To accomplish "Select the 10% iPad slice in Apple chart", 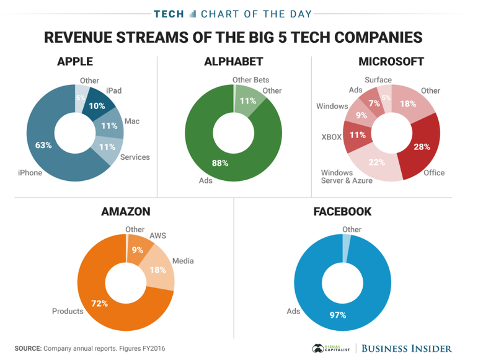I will point(97,106).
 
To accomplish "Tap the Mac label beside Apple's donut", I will point(132,121).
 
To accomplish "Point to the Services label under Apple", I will point(135,157).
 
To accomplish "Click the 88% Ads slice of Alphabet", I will point(220,164).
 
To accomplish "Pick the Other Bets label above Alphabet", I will point(250,80).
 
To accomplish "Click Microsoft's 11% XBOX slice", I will point(356,134).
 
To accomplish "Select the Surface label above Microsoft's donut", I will point(378,80).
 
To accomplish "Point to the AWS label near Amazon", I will point(158,236).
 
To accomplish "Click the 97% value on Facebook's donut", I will point(337,315).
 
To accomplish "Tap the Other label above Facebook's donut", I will point(352,229).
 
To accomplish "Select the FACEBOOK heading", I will point(342,212).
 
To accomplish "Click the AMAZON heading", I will point(125,212).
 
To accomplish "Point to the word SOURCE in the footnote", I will point(28,348).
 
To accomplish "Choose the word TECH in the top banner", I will point(169,14).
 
